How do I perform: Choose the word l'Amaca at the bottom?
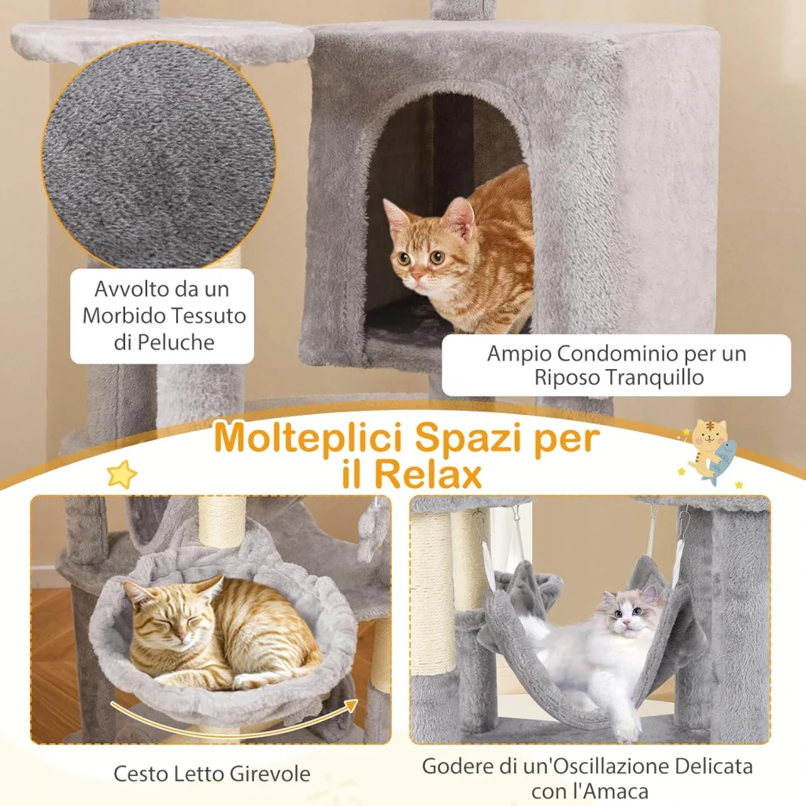(x=610, y=791)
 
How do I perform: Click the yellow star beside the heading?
(x=122, y=473)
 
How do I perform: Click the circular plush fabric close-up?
(x=159, y=155)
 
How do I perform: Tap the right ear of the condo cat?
(x=460, y=216)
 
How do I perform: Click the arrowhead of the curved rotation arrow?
(x=352, y=705)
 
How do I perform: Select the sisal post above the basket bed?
(x=222, y=521)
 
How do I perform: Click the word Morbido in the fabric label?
(x=123, y=316)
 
